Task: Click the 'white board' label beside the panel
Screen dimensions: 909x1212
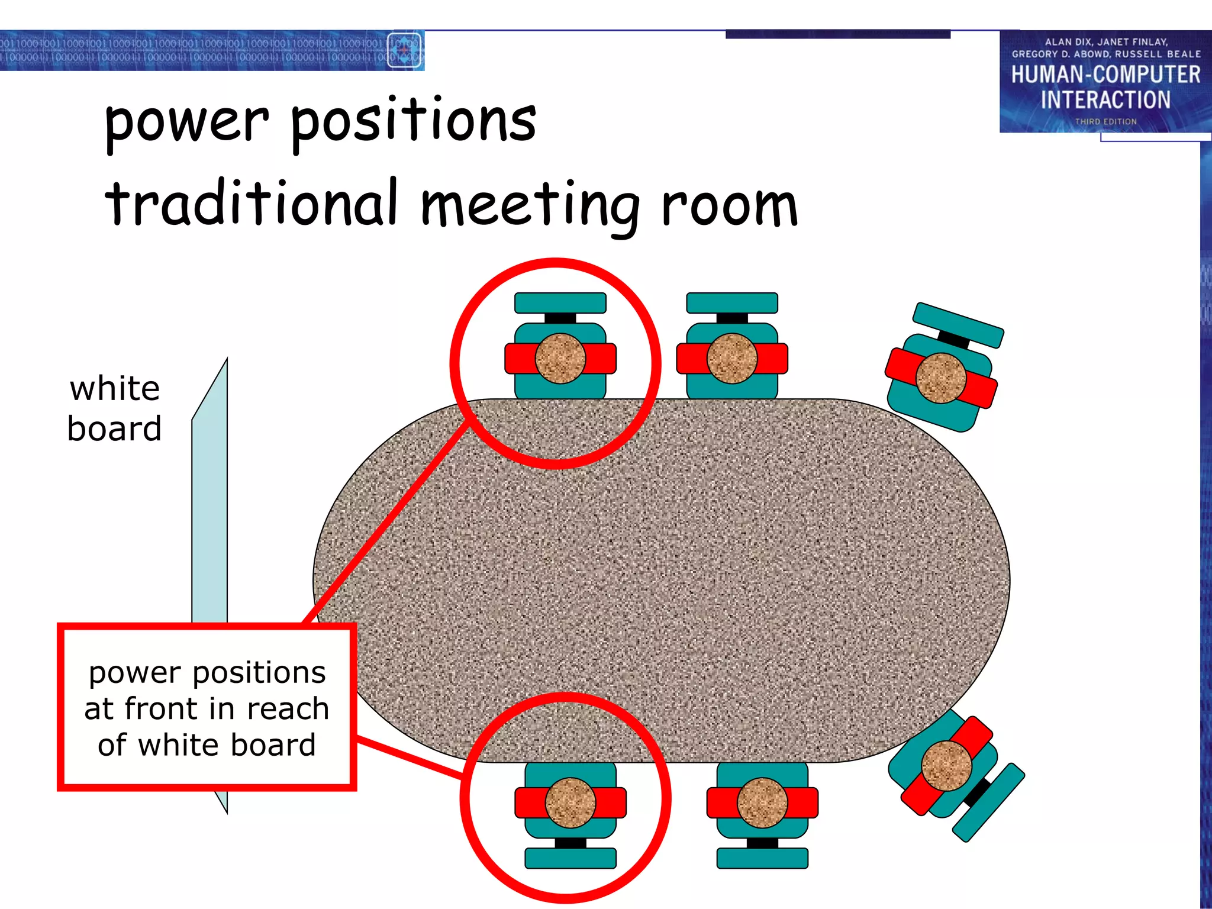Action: point(114,408)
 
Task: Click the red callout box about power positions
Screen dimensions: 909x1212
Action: point(207,707)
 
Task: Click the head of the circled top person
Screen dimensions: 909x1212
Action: point(560,359)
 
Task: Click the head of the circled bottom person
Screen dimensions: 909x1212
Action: point(570,802)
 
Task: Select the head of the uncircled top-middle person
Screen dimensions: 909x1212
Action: point(732,359)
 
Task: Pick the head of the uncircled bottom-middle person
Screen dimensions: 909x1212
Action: point(762,802)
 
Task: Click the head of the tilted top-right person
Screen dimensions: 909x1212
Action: point(940,378)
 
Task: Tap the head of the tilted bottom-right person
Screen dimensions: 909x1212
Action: point(947,766)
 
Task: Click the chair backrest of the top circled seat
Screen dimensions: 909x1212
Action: point(560,302)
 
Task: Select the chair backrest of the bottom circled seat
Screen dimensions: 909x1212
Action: point(570,858)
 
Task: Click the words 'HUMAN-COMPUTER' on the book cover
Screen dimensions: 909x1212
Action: point(1105,75)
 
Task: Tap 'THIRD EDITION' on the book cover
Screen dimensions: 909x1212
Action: point(1105,121)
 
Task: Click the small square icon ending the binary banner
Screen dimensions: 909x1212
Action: point(404,50)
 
